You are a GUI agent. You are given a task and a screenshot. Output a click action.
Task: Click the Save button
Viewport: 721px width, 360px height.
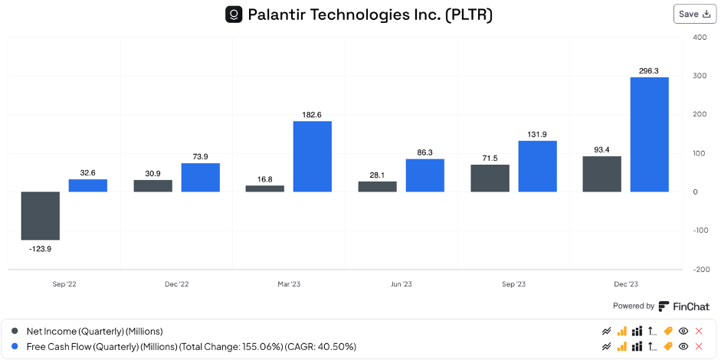(695, 14)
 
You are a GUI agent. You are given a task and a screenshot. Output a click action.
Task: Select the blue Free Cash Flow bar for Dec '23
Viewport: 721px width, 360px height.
(649, 134)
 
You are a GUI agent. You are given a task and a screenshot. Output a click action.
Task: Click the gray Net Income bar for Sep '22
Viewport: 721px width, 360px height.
(40, 215)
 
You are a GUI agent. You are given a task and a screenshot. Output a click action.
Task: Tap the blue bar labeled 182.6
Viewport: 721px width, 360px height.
(312, 156)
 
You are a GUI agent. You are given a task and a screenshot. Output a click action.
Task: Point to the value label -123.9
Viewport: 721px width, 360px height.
(40, 249)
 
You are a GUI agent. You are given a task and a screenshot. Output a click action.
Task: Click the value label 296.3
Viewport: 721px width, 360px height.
(649, 70)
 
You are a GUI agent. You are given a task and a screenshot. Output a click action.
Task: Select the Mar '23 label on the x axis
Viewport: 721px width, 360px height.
(289, 284)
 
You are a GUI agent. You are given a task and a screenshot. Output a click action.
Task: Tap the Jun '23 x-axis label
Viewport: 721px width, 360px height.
(401, 284)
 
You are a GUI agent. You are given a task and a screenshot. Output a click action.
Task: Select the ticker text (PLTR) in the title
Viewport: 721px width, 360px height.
(469, 15)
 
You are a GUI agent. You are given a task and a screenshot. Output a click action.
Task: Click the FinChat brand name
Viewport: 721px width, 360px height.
(690, 306)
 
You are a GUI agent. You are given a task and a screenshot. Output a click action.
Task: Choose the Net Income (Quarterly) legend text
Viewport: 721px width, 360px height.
(95, 331)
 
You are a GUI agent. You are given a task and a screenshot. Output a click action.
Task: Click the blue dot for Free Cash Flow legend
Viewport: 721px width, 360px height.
(15, 346)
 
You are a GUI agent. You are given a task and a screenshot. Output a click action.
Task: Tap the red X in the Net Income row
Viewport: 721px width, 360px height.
(698, 331)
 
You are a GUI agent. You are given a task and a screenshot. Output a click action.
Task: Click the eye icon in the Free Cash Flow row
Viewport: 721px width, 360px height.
(683, 346)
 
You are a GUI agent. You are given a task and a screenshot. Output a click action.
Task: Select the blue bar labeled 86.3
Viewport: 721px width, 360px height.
(424, 175)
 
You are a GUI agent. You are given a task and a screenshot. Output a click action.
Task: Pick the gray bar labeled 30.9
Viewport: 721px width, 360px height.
(152, 185)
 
